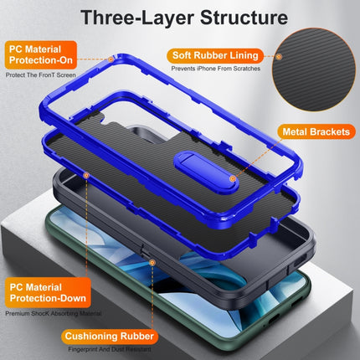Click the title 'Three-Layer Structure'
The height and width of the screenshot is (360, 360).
(180, 18)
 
